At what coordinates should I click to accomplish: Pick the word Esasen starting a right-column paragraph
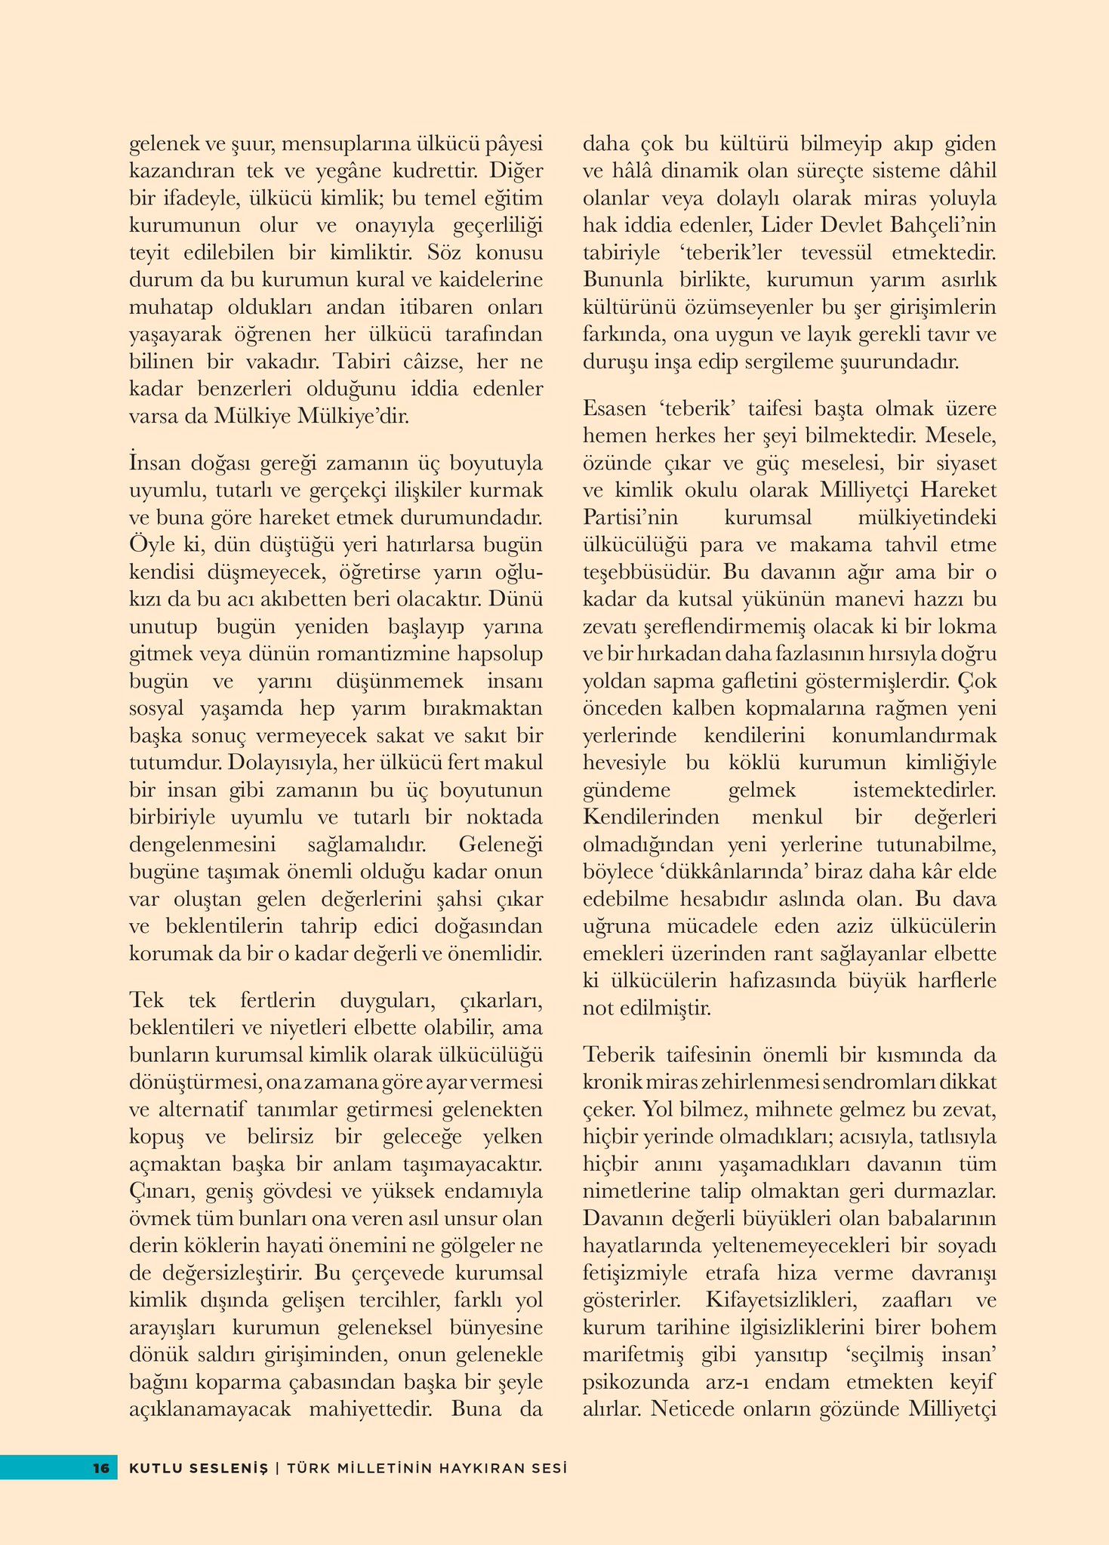coord(615,408)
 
